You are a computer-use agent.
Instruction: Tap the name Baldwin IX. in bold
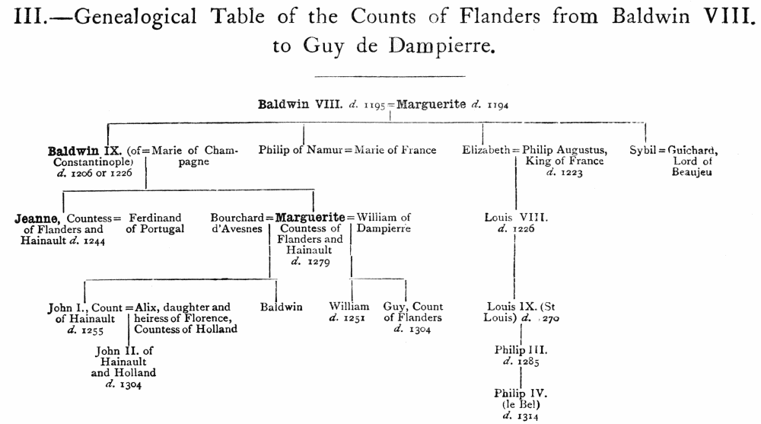click(x=80, y=151)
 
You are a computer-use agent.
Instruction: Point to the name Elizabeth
click(x=486, y=150)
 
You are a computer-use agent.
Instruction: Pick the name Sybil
click(x=643, y=150)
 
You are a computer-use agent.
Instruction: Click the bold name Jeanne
click(x=39, y=218)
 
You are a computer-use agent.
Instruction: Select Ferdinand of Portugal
click(x=156, y=223)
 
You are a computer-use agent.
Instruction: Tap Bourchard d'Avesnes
click(x=237, y=223)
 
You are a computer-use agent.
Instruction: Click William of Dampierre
click(x=384, y=223)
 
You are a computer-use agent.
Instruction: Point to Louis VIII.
click(x=515, y=218)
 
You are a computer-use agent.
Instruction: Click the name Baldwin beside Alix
click(x=281, y=307)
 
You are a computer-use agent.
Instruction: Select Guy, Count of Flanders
click(x=412, y=312)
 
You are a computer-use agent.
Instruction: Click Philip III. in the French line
click(x=521, y=349)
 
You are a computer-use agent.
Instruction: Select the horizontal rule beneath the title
click(x=389, y=76)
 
